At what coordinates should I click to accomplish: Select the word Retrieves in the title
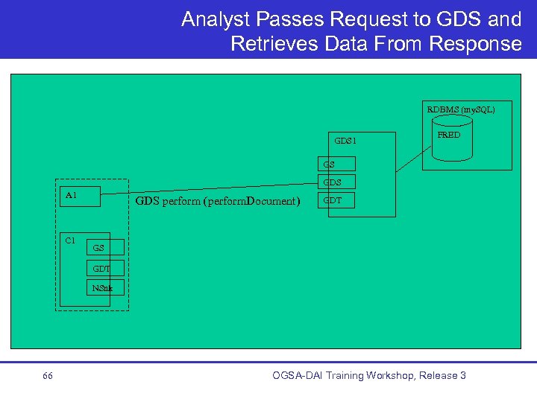pos(274,44)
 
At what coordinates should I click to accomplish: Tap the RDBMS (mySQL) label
pos(460,109)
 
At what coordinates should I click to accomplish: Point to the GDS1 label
pos(345,140)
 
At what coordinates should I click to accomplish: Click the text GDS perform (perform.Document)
pos(217,201)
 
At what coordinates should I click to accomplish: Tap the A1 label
pos(71,195)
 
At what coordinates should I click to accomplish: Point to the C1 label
pos(70,240)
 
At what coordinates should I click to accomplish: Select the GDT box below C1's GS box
pos(104,268)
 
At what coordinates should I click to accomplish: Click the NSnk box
pos(104,287)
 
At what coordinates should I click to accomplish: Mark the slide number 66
pos(48,376)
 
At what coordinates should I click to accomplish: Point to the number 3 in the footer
pos(462,375)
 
